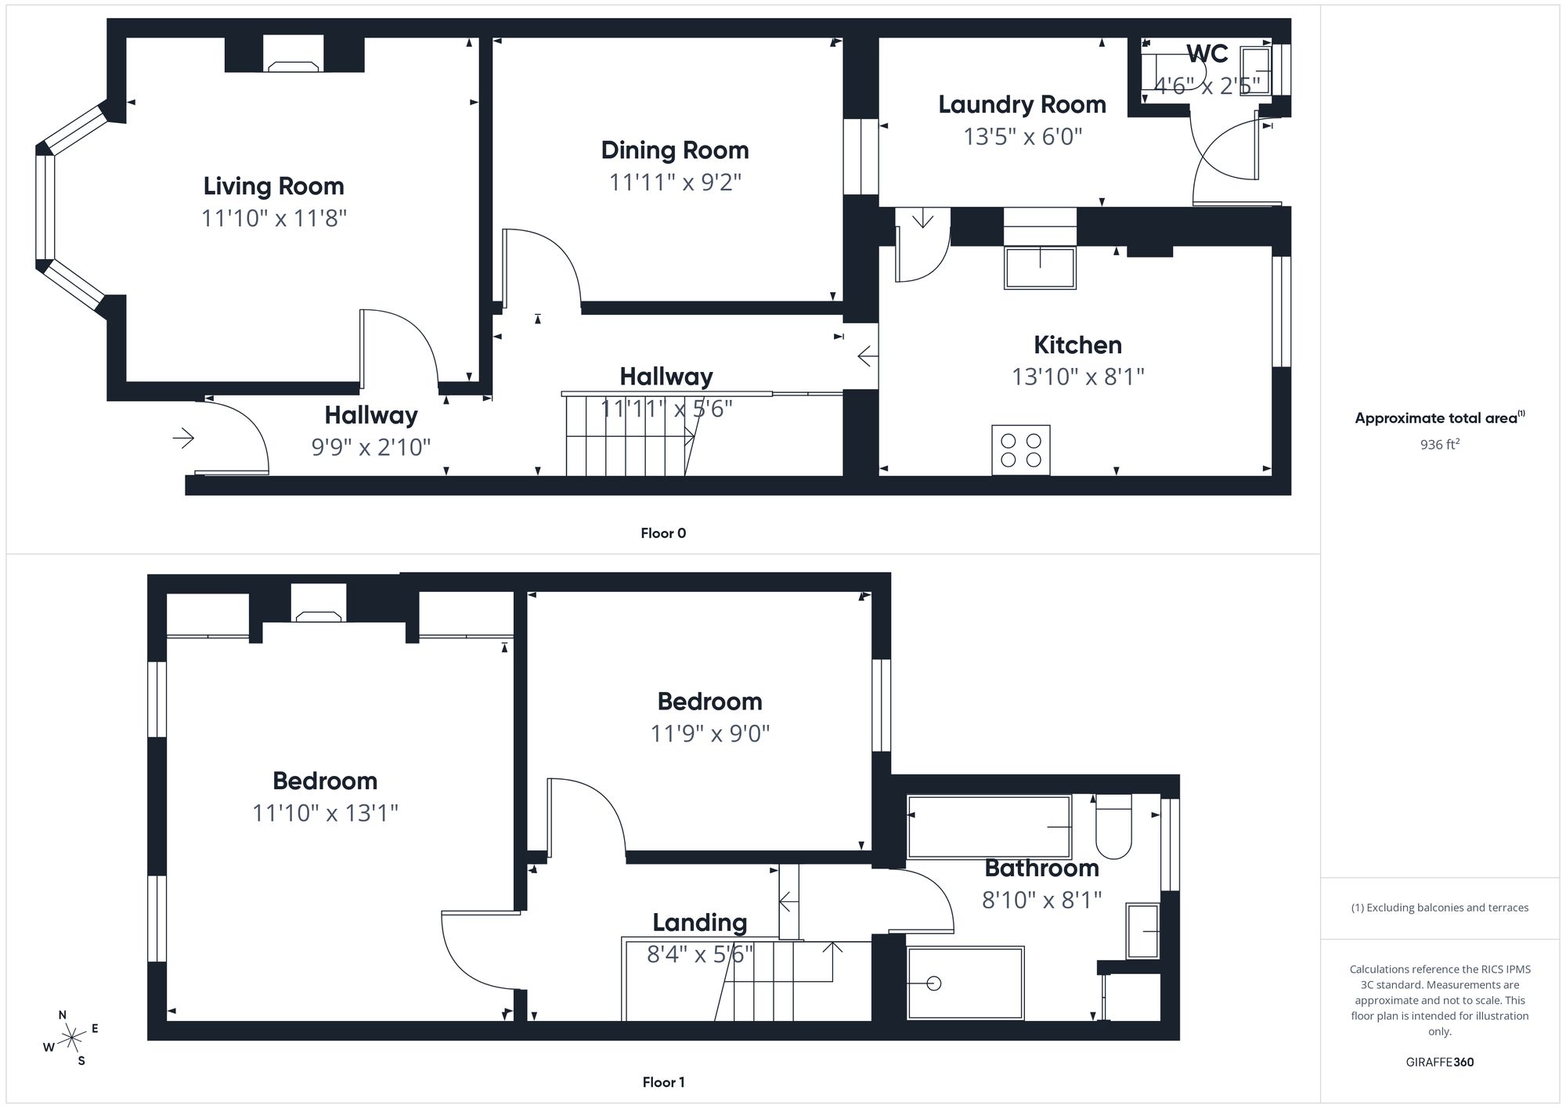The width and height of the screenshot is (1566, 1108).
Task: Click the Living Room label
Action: point(273,186)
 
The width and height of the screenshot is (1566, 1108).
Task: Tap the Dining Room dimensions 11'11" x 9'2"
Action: point(675,182)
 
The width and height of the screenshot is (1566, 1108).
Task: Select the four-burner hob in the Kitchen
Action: point(1020,450)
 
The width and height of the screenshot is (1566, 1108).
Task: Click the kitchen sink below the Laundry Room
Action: point(1040,268)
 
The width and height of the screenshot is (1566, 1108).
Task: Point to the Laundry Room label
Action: point(1022,105)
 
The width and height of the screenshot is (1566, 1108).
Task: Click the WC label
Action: point(1207,54)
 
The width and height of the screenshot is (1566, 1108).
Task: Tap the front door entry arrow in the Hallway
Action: point(183,438)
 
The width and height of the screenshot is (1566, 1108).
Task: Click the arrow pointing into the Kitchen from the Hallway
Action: point(867,357)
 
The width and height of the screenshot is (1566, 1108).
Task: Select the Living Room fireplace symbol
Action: point(294,67)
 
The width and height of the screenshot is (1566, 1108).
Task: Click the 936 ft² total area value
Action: point(1439,445)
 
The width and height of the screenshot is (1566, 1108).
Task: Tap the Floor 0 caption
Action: point(662,533)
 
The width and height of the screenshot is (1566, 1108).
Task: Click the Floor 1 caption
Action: point(662,1082)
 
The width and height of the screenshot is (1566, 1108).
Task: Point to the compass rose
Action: point(72,1038)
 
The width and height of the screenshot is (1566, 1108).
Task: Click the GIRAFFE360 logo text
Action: point(1439,1063)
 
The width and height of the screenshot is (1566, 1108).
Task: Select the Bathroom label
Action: point(1041,868)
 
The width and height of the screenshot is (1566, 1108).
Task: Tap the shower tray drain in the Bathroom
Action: point(933,983)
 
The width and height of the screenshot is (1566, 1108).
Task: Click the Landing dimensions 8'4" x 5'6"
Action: point(699,955)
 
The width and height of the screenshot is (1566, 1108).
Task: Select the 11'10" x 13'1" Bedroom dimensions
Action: point(325,814)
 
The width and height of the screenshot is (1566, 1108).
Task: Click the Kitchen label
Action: point(1077,345)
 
